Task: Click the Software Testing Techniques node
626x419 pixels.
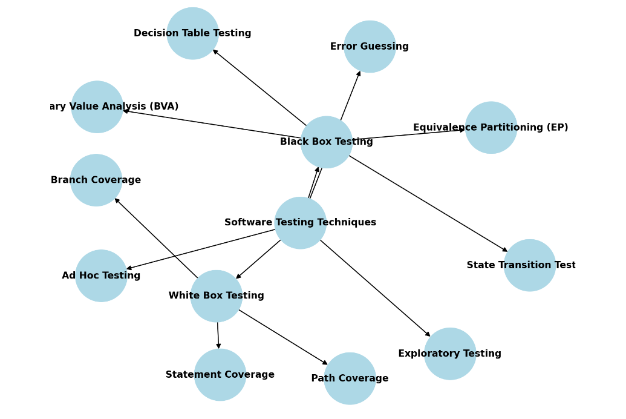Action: point(301,223)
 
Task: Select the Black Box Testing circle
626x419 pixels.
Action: point(327,142)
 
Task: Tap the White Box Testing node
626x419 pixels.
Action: point(217,296)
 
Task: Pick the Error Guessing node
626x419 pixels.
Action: point(370,47)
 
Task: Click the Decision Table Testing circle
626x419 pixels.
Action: point(192,33)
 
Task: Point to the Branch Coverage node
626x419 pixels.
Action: point(96,180)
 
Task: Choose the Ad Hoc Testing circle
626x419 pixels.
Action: point(101,275)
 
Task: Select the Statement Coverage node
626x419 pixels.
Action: point(220,375)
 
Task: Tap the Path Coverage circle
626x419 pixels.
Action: point(350,378)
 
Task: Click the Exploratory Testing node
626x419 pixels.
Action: point(450,354)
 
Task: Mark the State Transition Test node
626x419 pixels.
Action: point(530,265)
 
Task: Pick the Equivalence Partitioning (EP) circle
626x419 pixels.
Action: point(491,128)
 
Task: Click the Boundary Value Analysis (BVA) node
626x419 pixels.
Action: point(97,107)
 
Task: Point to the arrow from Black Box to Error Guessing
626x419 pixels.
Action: point(351,95)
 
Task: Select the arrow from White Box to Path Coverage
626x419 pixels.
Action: point(283,337)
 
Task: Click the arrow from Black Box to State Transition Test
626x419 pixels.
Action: point(428,203)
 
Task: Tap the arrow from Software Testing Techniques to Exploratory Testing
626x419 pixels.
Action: point(375,288)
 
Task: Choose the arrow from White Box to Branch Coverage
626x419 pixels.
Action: point(156,238)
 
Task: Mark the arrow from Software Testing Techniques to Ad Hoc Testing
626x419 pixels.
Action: point(201,249)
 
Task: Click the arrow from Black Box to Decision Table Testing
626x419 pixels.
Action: point(259,87)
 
